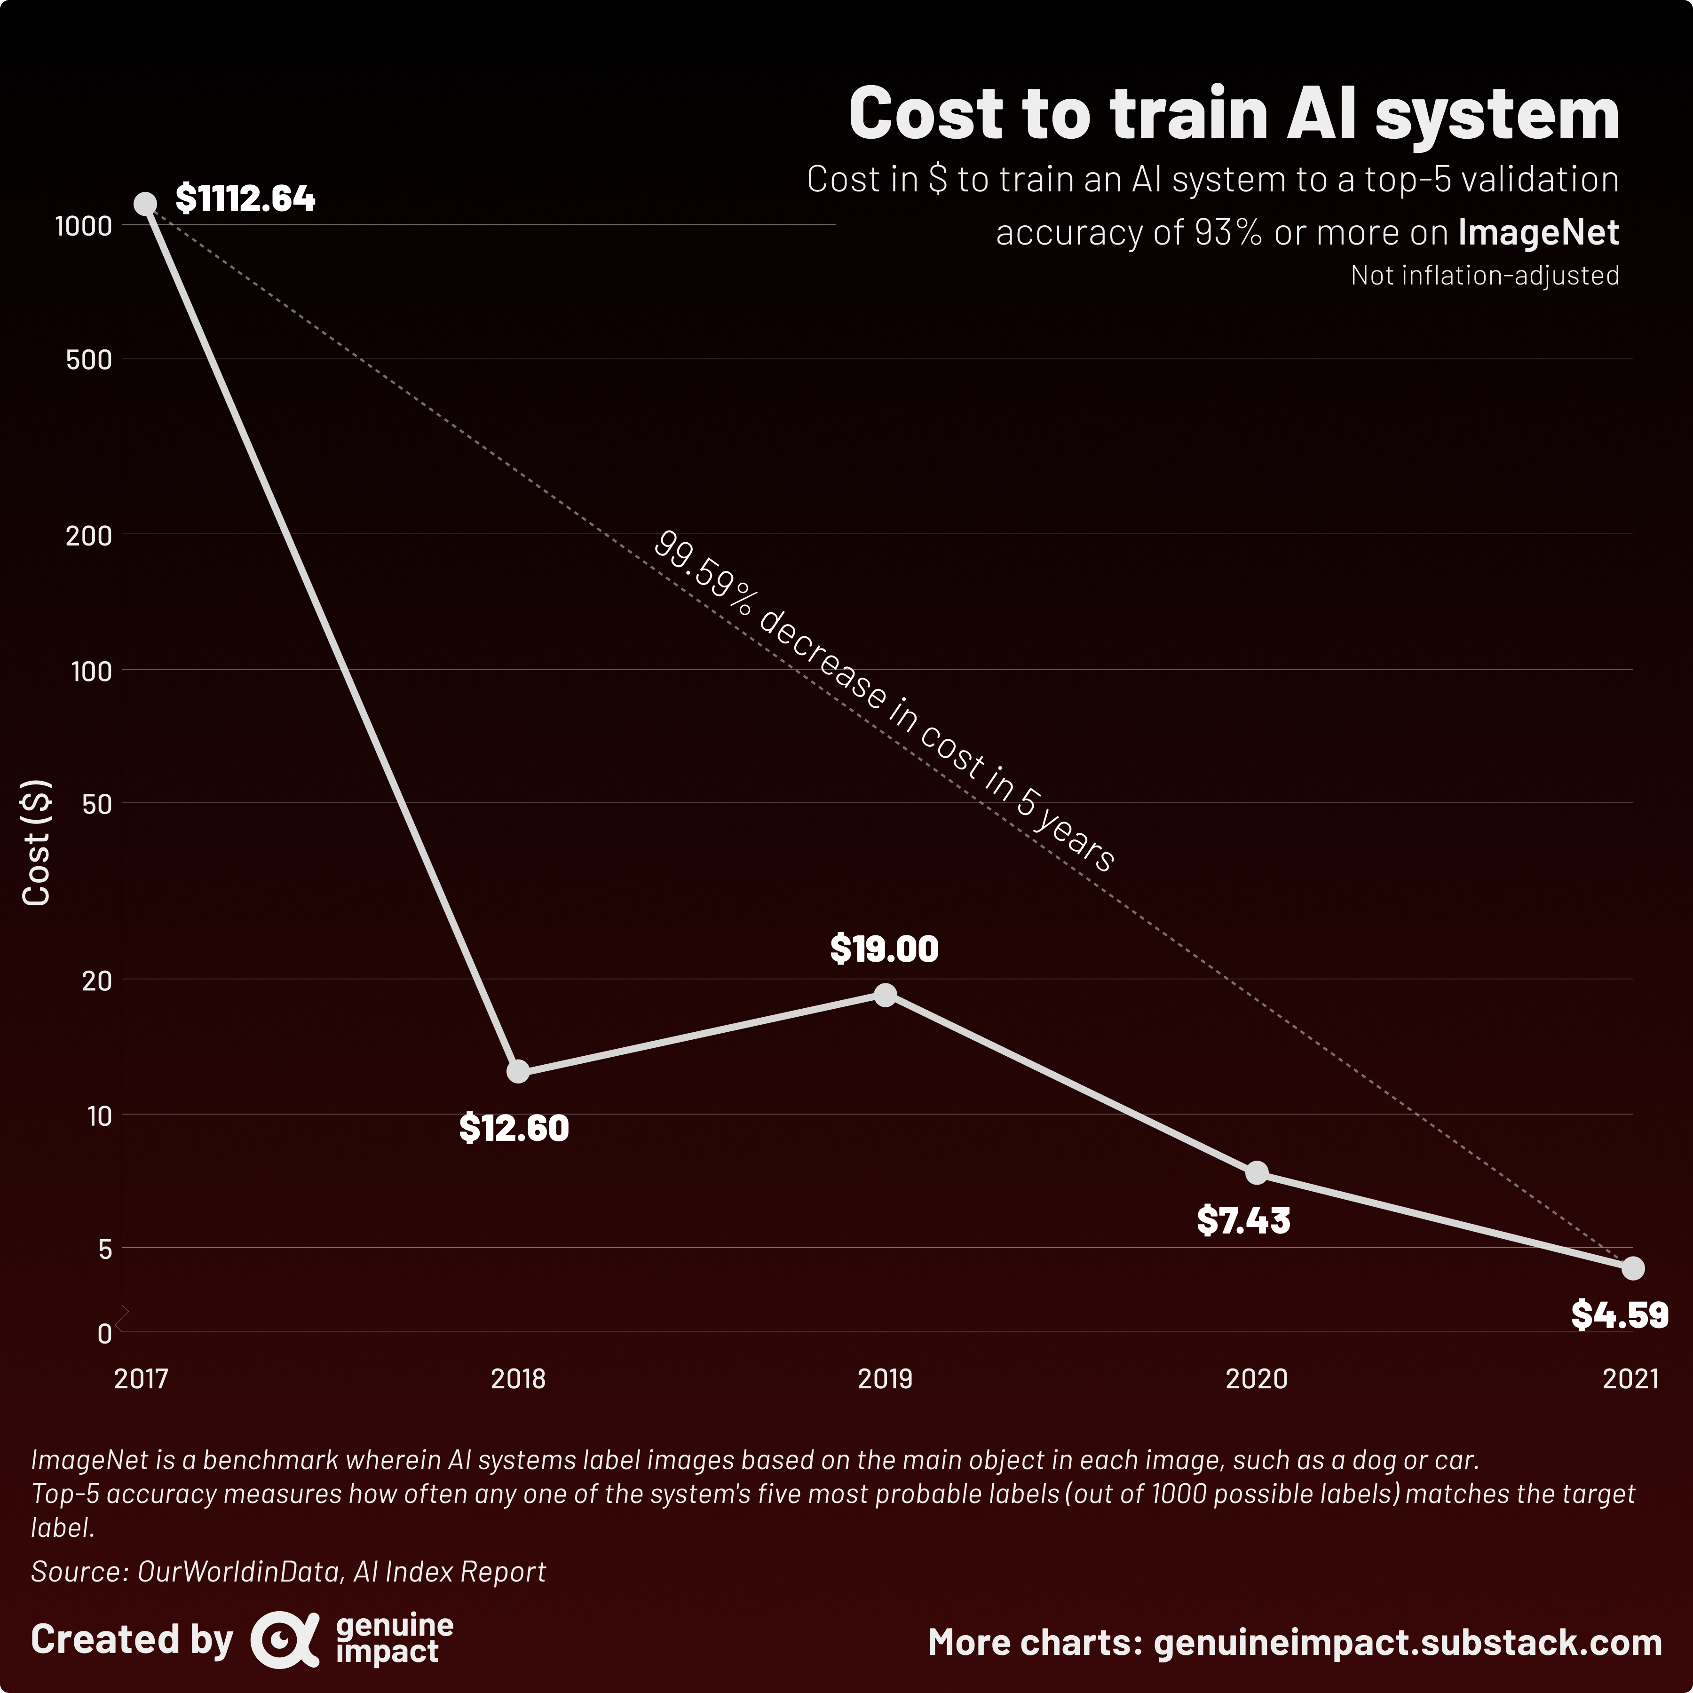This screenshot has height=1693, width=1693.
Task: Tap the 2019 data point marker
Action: point(885,995)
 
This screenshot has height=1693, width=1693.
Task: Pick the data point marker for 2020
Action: point(1257,1172)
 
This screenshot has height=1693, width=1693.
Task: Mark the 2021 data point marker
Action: point(1632,1268)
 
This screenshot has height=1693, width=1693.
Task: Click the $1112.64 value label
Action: point(245,199)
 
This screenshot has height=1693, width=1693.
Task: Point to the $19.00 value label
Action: point(884,949)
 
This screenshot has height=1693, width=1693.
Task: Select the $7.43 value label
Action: point(1243,1221)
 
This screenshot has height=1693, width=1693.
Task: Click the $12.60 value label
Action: point(514,1128)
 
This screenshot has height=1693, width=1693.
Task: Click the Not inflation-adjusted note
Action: point(1485,276)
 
